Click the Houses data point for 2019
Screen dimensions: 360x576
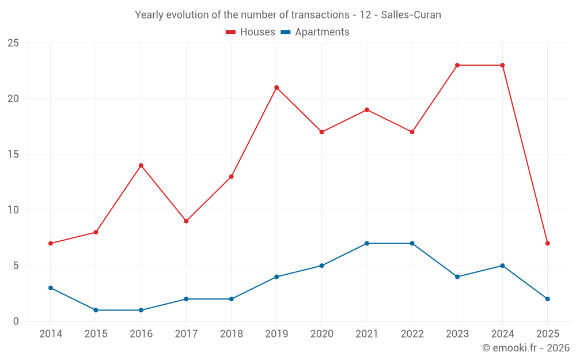276,88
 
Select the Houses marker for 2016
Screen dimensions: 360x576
141,165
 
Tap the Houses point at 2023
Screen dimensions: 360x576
457,65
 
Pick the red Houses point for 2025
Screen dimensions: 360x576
548,243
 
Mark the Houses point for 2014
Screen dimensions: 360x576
51,243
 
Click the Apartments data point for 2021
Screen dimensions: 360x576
367,243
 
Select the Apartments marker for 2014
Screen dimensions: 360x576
51,288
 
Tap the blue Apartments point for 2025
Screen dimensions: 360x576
548,299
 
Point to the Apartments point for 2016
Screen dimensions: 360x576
141,310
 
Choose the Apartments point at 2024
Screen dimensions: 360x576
502,266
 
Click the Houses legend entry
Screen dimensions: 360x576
251,32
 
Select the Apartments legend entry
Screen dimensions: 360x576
315,32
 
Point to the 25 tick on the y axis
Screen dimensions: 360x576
13,43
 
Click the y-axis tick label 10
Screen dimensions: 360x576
13,210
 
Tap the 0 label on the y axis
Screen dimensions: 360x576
16,321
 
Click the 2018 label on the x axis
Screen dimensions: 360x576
231,334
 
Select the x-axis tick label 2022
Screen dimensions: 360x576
412,334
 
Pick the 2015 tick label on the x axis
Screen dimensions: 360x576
96,334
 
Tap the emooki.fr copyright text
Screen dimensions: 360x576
526,348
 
